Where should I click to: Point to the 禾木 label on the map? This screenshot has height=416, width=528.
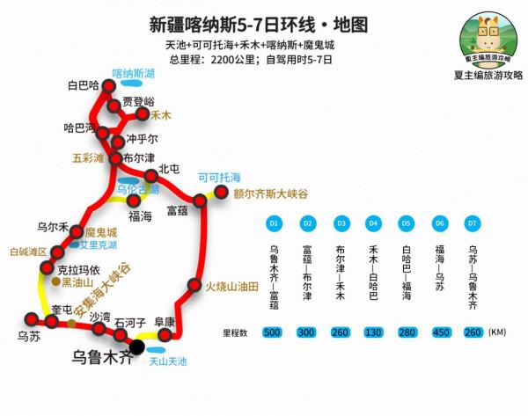tap(161, 114)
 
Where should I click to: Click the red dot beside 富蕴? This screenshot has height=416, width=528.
tap(200, 201)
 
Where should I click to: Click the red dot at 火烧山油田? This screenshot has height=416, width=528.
tap(194, 285)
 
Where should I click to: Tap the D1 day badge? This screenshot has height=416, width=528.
tap(274, 223)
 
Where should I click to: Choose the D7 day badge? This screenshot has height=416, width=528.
tap(473, 223)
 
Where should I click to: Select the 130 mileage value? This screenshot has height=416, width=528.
tap(372, 332)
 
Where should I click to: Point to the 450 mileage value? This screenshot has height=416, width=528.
tap(439, 332)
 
